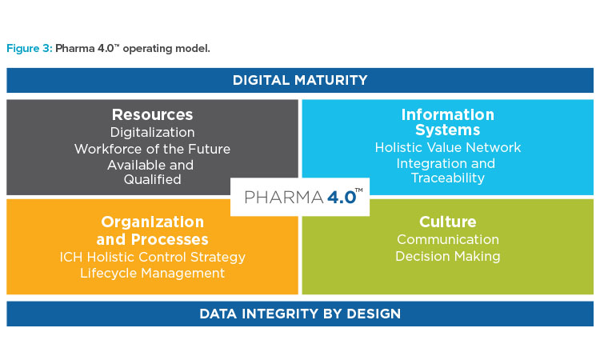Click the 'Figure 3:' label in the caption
point(30,49)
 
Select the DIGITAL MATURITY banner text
point(300,80)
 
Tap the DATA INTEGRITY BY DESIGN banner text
point(300,314)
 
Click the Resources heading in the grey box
point(152,114)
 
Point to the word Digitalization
point(152,132)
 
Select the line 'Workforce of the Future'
point(152,149)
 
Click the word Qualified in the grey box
point(152,179)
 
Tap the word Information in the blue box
point(448,114)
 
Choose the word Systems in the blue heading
point(448,130)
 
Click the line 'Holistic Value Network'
point(448,147)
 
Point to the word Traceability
point(448,178)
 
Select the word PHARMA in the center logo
point(284,198)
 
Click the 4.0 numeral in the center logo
point(342,198)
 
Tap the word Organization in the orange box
point(152,222)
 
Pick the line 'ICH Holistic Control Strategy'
point(152,257)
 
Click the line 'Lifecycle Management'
point(152,273)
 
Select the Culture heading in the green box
point(448,222)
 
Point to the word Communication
point(448,239)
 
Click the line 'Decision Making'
point(448,256)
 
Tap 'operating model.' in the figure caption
point(166,49)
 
